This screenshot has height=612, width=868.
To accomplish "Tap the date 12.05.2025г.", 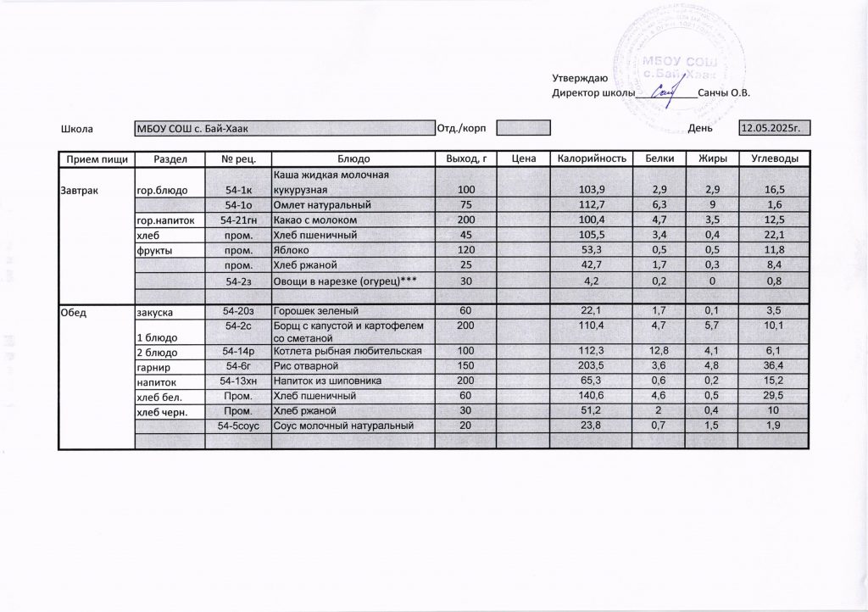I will click(x=771, y=129).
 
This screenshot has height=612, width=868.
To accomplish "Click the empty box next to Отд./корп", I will click(x=523, y=129).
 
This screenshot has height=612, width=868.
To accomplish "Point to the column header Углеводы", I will click(x=775, y=159).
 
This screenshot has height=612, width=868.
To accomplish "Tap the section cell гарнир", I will click(x=153, y=366).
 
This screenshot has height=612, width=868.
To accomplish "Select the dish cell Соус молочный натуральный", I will click(x=342, y=426).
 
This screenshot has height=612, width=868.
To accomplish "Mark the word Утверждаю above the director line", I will click(x=579, y=78).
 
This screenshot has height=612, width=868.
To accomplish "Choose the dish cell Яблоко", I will click(x=292, y=251).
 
